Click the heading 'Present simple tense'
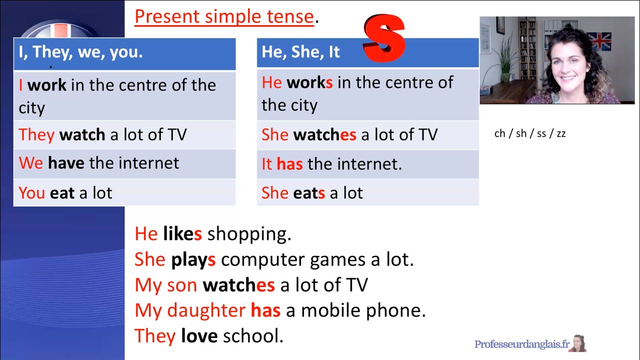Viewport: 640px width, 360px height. click(x=224, y=17)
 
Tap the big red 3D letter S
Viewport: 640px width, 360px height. click(x=384, y=39)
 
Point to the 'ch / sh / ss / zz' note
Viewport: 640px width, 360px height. click(x=529, y=134)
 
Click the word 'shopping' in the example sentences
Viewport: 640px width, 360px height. click(x=249, y=234)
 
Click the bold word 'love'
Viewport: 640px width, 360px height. click(x=199, y=336)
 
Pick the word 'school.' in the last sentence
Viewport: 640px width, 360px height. click(x=253, y=336)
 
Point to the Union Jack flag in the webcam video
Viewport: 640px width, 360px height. click(x=598, y=41)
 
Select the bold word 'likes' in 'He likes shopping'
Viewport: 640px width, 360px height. click(x=182, y=234)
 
